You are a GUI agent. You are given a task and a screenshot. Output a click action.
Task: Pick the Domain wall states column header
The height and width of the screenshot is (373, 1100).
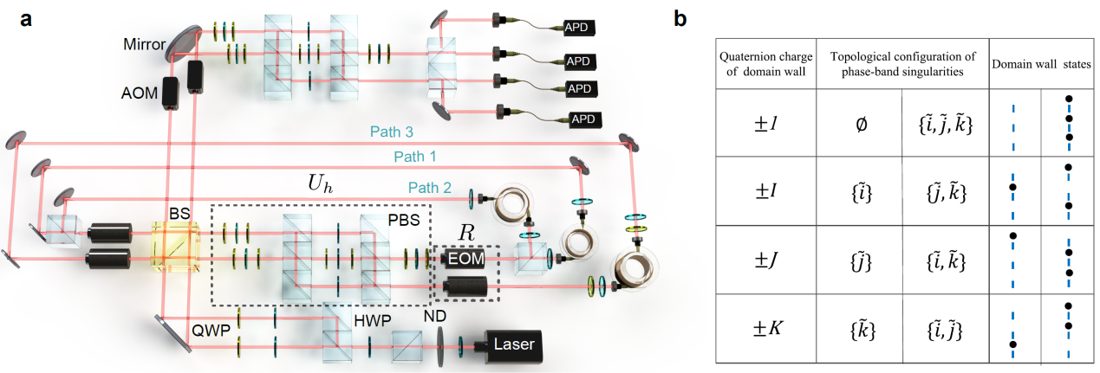1041,64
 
